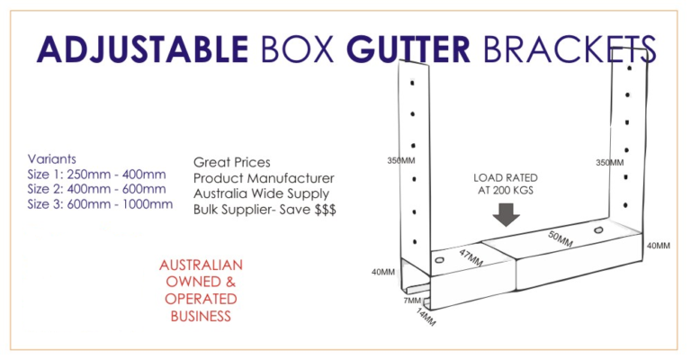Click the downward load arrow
click(507, 214)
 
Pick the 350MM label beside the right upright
click(609, 163)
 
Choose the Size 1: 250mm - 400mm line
click(96, 174)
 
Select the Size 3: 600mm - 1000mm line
click(100, 203)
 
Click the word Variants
click(51, 158)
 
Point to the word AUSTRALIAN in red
click(201, 265)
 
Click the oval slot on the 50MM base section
click(598, 231)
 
